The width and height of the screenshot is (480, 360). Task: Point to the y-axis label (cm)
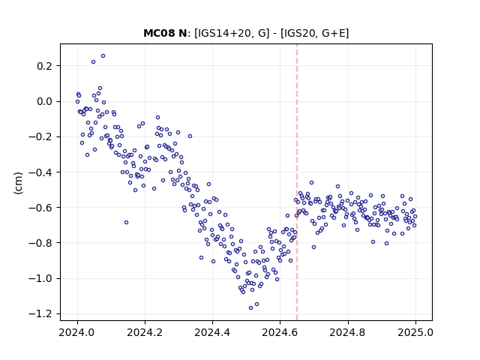click(18, 183)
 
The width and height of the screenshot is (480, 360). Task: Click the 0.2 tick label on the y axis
click(44, 66)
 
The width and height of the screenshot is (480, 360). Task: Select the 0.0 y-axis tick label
click(44, 101)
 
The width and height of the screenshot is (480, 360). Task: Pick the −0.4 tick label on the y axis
click(40, 172)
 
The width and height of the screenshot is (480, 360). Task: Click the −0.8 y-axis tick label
click(40, 243)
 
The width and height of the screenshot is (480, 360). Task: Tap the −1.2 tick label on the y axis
click(40, 313)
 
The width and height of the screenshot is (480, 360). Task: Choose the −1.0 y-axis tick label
click(40, 278)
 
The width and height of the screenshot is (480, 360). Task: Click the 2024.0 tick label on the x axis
click(77, 332)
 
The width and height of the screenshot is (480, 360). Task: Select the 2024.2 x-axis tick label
click(145, 332)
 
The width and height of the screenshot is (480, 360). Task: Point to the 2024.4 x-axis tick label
click(212, 332)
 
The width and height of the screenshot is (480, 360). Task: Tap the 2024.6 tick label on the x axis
click(280, 332)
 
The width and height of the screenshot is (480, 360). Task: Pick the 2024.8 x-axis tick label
click(348, 332)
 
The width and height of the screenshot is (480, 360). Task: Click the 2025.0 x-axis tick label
click(415, 332)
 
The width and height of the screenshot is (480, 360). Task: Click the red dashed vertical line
click(297, 182)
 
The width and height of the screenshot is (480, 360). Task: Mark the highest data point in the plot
click(103, 56)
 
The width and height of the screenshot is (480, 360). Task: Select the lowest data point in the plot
click(250, 308)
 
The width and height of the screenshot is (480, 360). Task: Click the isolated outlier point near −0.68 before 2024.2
click(126, 223)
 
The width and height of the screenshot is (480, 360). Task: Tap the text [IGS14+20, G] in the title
click(232, 33)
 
